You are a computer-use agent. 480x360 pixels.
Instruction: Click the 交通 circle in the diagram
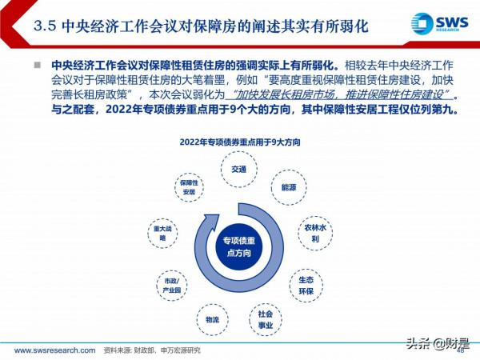pos(239,170)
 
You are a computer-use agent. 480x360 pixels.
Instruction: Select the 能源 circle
pos(288,187)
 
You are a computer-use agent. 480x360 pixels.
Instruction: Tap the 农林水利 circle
pos(314,233)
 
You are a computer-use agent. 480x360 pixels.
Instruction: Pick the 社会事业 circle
pos(265,319)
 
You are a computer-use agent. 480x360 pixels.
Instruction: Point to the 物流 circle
pos(212,319)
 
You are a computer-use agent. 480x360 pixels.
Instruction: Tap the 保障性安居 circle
pos(188,187)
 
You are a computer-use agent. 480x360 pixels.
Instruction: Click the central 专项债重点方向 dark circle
pos(238,246)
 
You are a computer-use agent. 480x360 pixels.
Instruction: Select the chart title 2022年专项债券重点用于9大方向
pos(239,142)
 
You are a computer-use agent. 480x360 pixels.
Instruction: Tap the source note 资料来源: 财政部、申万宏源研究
pos(141,350)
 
